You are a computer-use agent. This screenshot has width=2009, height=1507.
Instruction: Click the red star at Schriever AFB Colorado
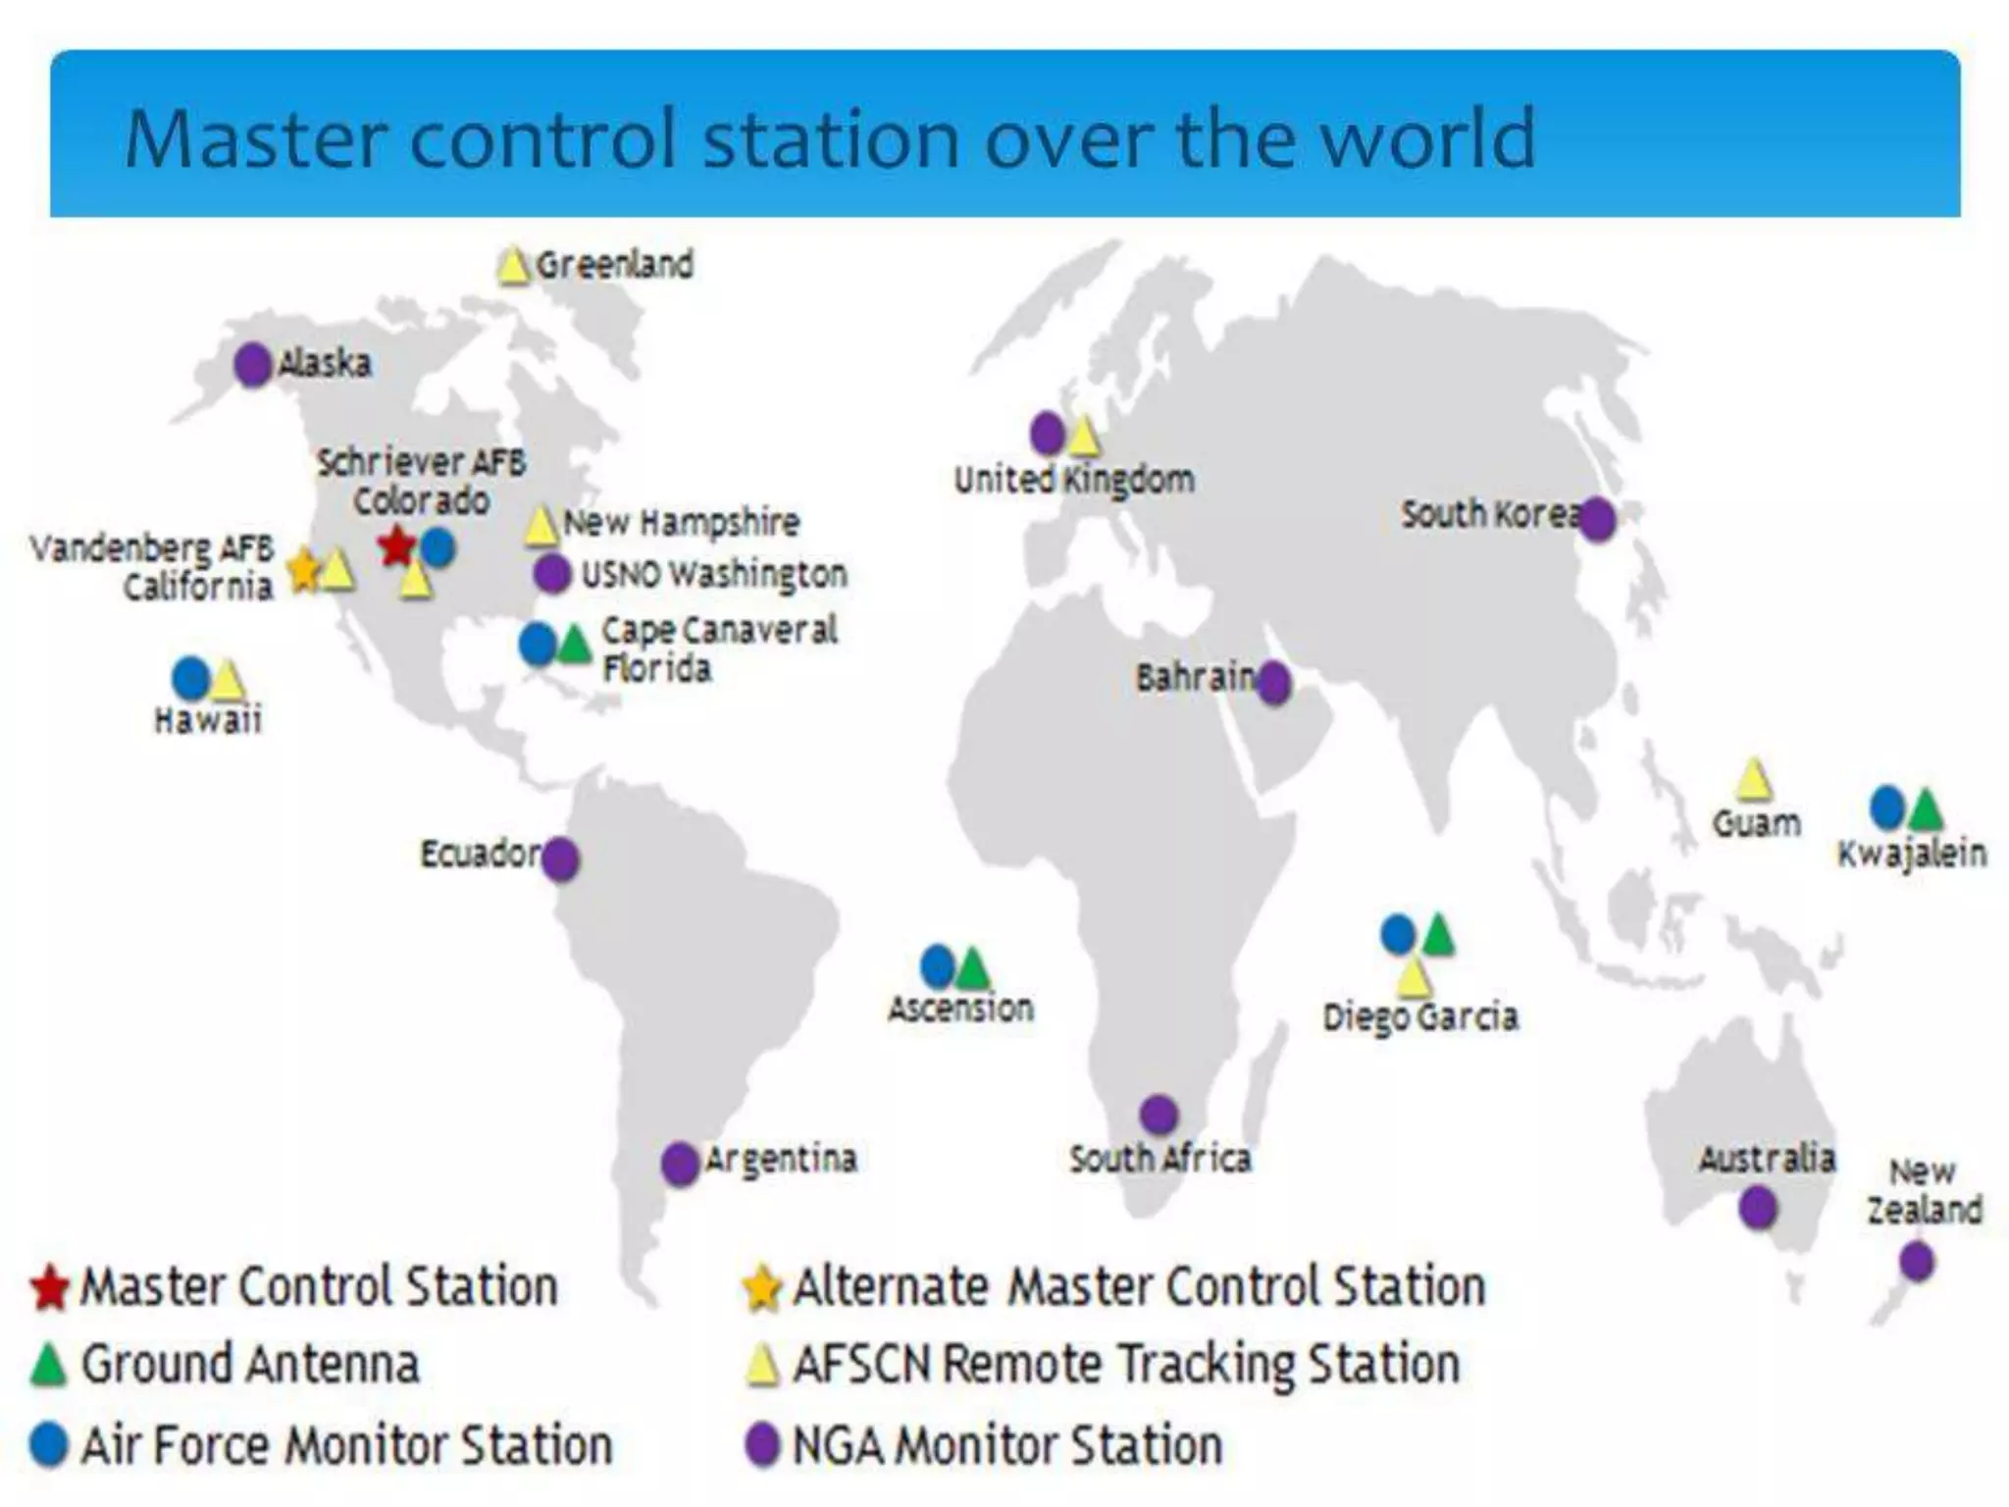coord(396,546)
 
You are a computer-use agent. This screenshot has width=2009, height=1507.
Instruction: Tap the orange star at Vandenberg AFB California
coord(304,568)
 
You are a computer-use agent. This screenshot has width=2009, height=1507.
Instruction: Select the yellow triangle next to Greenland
coord(512,267)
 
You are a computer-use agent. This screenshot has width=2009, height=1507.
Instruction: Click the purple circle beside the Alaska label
coord(253,365)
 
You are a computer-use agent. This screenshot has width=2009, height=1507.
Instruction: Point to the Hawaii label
coord(208,720)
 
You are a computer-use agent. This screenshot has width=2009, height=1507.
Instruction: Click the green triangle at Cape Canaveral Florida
coord(574,645)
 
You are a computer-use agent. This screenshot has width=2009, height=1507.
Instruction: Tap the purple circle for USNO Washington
coord(552,574)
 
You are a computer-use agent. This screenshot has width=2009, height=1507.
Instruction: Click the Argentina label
coord(781,1159)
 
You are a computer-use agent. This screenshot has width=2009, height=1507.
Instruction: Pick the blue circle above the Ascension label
coord(938,966)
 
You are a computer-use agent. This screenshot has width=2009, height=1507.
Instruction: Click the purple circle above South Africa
coord(1159,1115)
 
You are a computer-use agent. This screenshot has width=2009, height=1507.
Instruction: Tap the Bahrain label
coord(1195,677)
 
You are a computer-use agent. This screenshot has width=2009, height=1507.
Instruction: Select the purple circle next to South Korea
coord(1598,519)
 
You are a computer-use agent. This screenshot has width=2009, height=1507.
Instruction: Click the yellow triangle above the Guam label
coord(1753,781)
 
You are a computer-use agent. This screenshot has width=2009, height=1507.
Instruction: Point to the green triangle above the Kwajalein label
coord(1926,810)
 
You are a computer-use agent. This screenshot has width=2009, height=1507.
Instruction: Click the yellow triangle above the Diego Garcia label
coord(1413,977)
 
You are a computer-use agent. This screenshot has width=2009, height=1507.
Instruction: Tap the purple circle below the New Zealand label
coord(1916,1261)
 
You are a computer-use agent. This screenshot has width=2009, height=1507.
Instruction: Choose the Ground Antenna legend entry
coord(248,1365)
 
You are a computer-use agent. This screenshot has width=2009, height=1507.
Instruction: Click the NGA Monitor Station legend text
coord(1006,1445)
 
